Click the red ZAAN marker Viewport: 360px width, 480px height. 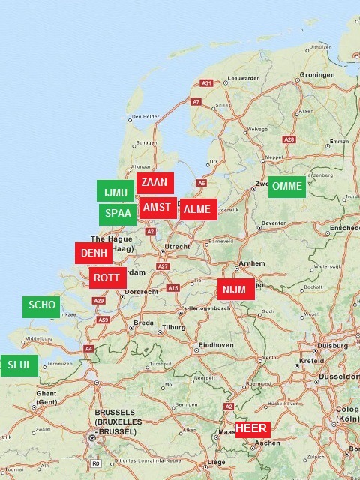pyautogui.click(x=155, y=182)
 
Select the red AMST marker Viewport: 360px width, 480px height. pyautogui.click(x=157, y=208)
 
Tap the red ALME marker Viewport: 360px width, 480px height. pyautogui.click(x=198, y=209)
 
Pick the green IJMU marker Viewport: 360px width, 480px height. pyautogui.click(x=115, y=192)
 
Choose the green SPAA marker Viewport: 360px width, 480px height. pyautogui.click(x=118, y=214)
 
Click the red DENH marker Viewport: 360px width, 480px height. pyautogui.click(x=94, y=253)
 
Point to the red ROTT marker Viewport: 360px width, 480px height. pyautogui.click(x=108, y=277)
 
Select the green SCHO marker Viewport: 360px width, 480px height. pyautogui.click(x=42, y=306)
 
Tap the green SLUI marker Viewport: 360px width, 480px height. pyautogui.click(x=19, y=365)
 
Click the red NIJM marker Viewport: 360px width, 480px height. pyautogui.click(x=236, y=289)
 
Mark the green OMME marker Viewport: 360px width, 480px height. pyautogui.click(x=287, y=187)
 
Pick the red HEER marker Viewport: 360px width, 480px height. pyautogui.click(x=251, y=428)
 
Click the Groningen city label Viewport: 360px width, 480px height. pyautogui.click(x=314, y=75)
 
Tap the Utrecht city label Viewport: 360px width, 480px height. pyautogui.click(x=177, y=246)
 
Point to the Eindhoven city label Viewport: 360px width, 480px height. pyautogui.click(x=215, y=345)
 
